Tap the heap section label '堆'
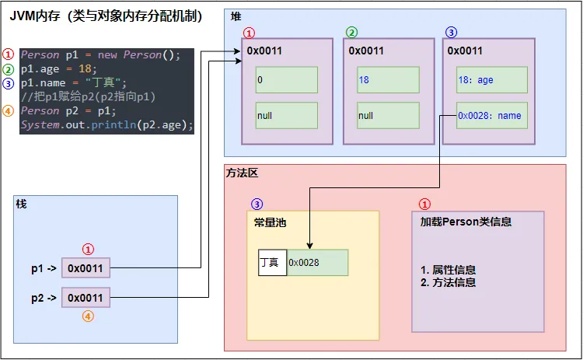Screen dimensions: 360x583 (x=237, y=16)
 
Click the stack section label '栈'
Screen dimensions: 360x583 (x=21, y=203)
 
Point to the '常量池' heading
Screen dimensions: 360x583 (x=271, y=222)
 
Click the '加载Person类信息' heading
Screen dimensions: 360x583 (x=465, y=222)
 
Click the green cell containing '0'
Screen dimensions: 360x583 (x=287, y=79)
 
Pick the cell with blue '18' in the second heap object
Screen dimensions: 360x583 (x=388, y=79)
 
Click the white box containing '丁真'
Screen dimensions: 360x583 (x=272, y=263)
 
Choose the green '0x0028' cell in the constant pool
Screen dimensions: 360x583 (x=317, y=263)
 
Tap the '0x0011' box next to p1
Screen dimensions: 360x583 (x=86, y=268)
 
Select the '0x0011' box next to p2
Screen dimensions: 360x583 (x=86, y=298)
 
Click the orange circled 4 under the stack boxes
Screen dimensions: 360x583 (x=87, y=316)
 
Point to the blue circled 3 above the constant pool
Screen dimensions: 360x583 (x=257, y=204)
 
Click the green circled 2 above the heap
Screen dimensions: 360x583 (x=351, y=33)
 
